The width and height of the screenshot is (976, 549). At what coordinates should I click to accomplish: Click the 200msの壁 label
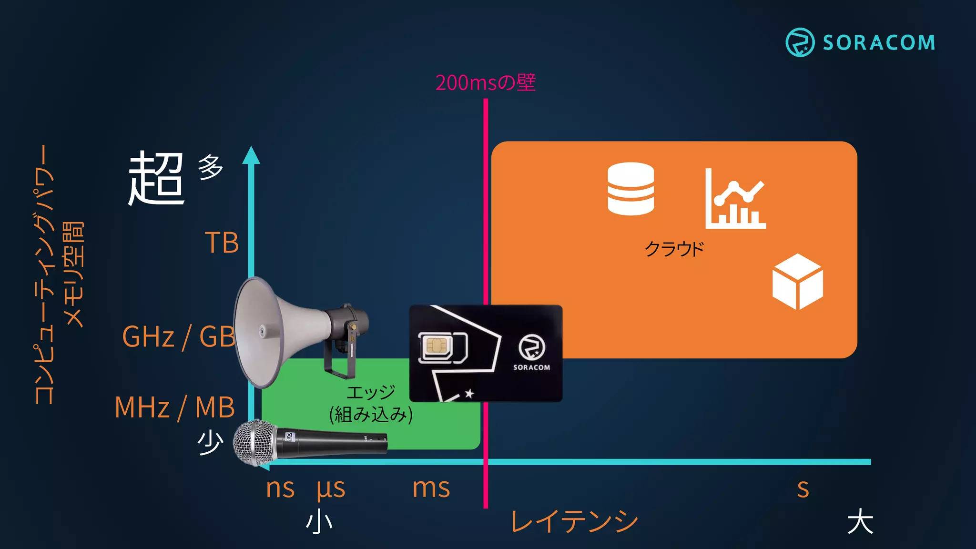[x=485, y=82]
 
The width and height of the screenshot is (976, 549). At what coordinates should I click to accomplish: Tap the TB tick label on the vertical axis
[x=222, y=243]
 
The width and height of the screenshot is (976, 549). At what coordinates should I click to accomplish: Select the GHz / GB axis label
[x=179, y=336]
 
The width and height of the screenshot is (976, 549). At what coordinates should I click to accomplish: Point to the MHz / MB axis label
[x=174, y=407]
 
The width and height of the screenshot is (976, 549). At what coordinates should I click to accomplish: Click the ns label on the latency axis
[x=280, y=488]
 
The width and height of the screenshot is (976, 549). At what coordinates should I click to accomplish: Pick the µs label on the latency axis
[x=331, y=488]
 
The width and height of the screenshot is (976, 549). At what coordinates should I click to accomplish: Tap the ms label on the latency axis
[x=431, y=488]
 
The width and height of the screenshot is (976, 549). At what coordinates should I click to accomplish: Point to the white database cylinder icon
[x=630, y=189]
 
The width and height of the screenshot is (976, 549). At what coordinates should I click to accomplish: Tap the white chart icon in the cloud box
[x=735, y=199]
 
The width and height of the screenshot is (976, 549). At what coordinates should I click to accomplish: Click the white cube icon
[x=797, y=281]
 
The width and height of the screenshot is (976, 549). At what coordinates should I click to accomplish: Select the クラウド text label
[x=674, y=249]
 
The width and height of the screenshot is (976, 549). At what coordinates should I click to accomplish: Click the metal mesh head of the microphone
[x=254, y=443]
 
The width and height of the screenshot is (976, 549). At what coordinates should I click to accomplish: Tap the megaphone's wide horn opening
[x=260, y=332]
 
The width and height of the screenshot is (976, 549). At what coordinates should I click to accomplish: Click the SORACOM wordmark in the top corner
[x=878, y=43]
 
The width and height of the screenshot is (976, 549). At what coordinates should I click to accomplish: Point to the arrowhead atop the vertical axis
[x=251, y=155]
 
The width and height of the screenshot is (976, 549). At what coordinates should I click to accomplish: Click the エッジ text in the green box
[x=371, y=393]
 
